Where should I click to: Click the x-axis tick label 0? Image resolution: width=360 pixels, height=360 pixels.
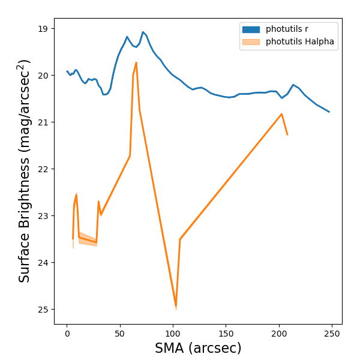coord(67,334)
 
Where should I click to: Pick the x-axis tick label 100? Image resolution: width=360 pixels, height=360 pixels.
coord(173,334)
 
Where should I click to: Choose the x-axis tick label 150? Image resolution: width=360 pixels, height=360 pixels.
coord(226,334)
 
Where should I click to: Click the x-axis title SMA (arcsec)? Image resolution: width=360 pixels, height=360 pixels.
coord(198,348)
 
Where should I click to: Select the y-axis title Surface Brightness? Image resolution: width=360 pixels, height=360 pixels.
coord(24,171)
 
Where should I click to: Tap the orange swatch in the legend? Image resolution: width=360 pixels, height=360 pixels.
coord(251,42)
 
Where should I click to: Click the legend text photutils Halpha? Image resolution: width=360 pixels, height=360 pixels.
coord(300,42)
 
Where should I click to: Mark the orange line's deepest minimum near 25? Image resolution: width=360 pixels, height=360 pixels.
coord(176,307)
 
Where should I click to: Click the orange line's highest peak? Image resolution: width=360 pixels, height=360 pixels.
coord(136,62)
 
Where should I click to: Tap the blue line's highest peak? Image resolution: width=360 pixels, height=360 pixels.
coord(143,32)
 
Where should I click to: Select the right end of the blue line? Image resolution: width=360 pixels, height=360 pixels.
coord(329,112)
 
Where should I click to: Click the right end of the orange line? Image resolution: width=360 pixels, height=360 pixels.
coord(287,134)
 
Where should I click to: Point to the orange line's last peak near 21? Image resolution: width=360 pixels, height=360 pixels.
coord(281,114)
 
